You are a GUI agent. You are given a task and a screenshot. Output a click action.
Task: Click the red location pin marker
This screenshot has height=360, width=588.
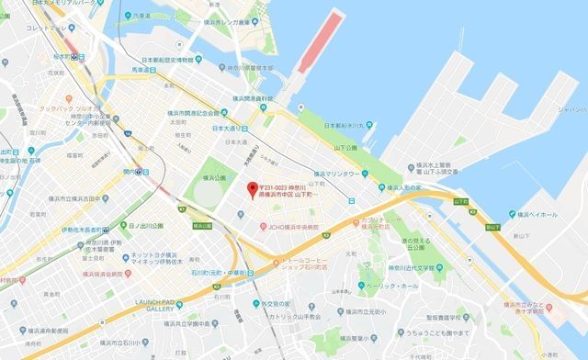(x=252, y=190)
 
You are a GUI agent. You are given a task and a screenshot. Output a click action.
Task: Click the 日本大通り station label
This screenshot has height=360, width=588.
(x=231, y=128)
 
